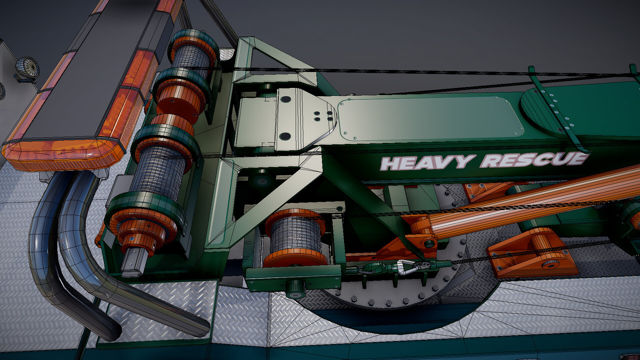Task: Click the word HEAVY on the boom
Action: click(x=428, y=162)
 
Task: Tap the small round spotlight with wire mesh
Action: click(x=27, y=69)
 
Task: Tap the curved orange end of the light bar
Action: click(x=60, y=155)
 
